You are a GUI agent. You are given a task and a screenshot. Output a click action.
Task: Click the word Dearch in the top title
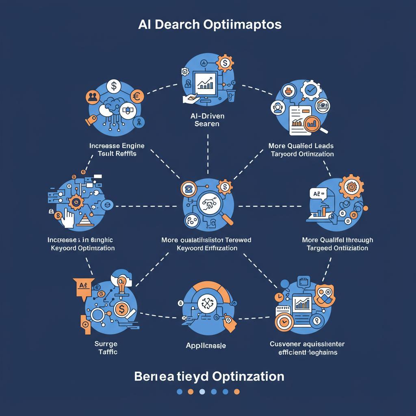(175, 25)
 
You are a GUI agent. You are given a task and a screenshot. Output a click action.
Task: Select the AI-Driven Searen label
(207, 120)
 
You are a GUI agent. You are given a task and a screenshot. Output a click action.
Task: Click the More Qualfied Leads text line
(301, 145)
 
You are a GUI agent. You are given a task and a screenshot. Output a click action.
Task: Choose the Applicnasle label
(206, 346)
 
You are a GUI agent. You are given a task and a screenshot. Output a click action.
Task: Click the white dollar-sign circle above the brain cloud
(113, 87)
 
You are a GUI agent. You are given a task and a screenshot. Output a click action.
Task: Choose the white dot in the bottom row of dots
(202, 392)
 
